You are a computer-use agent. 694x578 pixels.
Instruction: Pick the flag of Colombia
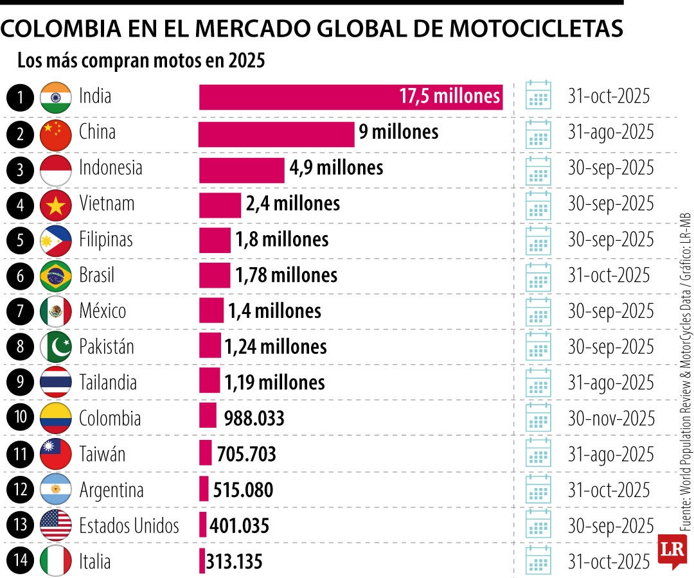[x=56, y=419]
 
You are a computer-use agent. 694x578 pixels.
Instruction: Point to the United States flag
[x=56, y=526]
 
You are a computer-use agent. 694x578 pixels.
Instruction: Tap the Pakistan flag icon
[x=56, y=347]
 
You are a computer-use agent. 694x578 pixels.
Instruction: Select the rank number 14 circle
[x=21, y=561]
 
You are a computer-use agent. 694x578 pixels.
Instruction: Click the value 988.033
[x=254, y=419]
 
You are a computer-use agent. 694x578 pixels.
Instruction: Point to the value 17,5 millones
[x=449, y=97]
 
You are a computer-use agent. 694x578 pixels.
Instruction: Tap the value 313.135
[x=234, y=562]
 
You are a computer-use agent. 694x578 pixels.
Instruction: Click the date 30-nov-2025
[x=610, y=419]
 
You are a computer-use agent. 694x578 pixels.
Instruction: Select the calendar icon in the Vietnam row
[x=538, y=204]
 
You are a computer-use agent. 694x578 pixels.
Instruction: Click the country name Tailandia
[x=108, y=383]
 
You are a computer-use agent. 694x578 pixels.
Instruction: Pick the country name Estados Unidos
[x=129, y=526]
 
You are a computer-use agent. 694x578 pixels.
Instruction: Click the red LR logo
[x=672, y=550]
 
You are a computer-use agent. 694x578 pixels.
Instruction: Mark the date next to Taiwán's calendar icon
[x=610, y=455]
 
